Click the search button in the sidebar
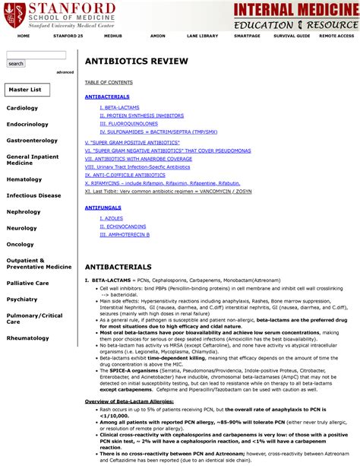pyautogui.click(x=16, y=64)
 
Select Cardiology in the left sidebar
pyautogui.click(x=22, y=108)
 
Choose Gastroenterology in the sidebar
pyautogui.click(x=32, y=141)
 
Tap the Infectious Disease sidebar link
pyautogui.click(x=33, y=195)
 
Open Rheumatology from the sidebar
pyautogui.click(x=28, y=338)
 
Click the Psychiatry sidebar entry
pyautogui.click(x=22, y=300)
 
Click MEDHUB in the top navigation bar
pyautogui.click(x=113, y=36)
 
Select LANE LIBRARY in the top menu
pyautogui.click(x=202, y=36)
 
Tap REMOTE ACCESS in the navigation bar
pyautogui.click(x=336, y=36)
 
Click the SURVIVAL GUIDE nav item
pyautogui.click(x=292, y=36)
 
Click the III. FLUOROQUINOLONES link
pyautogui.click(x=128, y=123)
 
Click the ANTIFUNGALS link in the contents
pyautogui.click(x=102, y=207)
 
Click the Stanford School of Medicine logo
pyautogui.click(x=58, y=13)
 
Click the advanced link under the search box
pyautogui.click(x=65, y=72)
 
